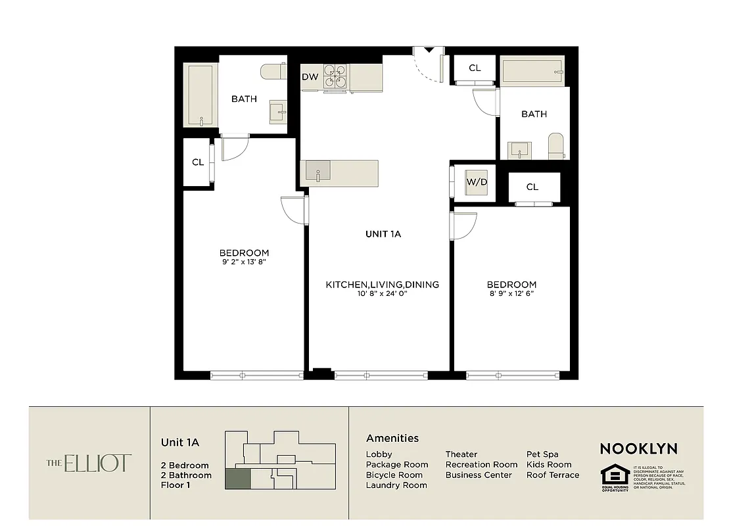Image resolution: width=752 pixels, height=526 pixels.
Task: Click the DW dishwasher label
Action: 310,77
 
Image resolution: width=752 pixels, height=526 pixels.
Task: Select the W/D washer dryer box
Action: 477,181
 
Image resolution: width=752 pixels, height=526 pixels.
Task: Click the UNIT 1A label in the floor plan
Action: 383,233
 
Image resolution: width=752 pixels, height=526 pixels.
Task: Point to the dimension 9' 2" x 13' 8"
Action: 244,262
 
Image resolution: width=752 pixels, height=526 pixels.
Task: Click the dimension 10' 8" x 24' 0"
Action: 382,294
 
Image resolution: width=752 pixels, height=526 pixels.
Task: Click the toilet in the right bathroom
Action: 556,146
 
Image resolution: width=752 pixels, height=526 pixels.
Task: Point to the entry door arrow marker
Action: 429,50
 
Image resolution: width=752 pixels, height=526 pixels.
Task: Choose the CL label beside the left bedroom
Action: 198,162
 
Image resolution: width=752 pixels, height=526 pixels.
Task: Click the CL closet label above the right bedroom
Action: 532,187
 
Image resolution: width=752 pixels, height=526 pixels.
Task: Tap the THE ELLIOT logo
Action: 89,463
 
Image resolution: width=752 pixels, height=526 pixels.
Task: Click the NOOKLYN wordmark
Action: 638,449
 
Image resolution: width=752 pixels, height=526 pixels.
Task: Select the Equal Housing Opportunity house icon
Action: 614,475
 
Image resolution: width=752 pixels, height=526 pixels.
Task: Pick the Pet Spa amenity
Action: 542,454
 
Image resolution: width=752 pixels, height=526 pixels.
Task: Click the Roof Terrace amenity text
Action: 553,475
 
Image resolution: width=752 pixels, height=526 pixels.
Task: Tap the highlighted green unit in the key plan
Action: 237,479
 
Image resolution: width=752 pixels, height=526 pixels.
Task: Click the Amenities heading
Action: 392,438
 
